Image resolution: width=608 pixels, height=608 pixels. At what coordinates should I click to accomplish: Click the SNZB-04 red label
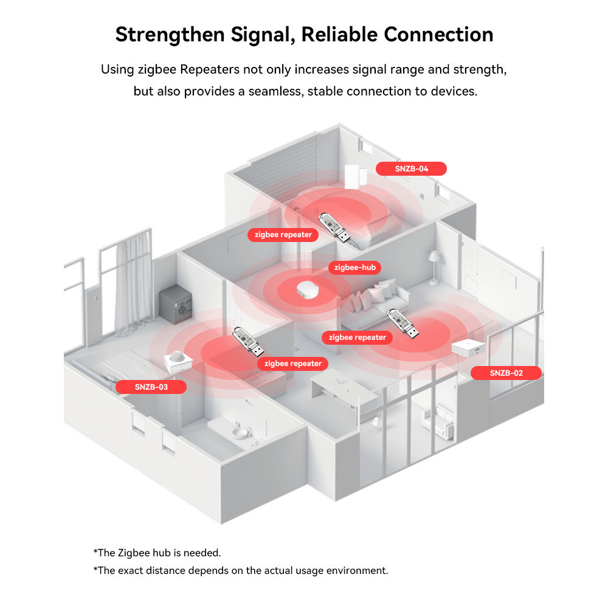coord(411,168)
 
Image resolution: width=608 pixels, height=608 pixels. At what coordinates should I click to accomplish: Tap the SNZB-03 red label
coord(151,387)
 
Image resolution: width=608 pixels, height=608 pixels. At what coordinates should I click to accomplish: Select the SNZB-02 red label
coord(506,373)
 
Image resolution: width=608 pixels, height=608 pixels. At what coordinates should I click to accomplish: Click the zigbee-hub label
coord(355,267)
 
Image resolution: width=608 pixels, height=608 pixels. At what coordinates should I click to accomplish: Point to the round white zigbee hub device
coord(308,289)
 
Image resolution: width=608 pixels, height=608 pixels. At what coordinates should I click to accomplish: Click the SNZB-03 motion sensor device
coord(178,362)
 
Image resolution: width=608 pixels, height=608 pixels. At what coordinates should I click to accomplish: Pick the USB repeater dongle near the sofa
coord(403,324)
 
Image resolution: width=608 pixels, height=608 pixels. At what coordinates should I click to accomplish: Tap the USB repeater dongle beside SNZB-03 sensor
coord(248,342)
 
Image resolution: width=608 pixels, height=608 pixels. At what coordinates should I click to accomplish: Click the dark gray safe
coord(176,304)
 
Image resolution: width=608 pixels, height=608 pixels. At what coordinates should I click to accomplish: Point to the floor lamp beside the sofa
coord(435,268)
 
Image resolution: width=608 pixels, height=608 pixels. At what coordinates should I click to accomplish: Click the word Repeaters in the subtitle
coord(210,69)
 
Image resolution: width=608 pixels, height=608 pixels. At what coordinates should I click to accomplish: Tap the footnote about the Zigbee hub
coord(157,553)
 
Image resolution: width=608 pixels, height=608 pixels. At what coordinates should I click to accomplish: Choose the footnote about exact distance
coord(241,570)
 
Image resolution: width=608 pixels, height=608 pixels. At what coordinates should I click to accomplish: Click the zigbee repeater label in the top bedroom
coord(283,235)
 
